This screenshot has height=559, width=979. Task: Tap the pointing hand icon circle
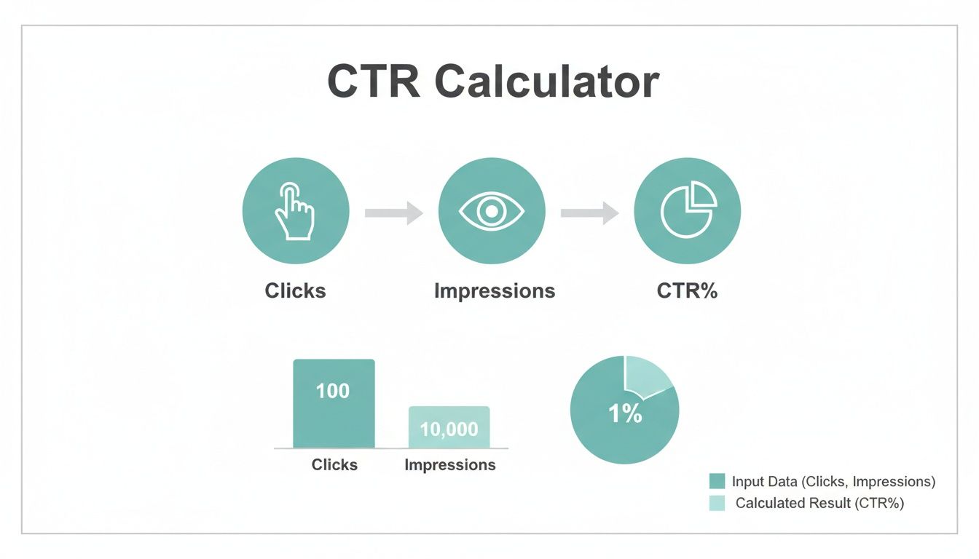pos(295,211)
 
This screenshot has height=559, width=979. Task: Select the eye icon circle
pos(492,211)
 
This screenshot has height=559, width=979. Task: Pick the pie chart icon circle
pos(688,211)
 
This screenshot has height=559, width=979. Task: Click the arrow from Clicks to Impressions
pos(393,213)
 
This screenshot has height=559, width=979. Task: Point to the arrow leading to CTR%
pos(589,213)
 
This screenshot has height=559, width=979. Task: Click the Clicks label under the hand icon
pos(295,291)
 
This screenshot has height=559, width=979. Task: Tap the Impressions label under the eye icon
pos(494,291)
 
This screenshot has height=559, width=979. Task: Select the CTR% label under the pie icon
pos(687,291)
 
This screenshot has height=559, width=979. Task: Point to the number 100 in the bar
pos(333,391)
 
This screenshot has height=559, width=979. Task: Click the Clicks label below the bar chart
pos(334,464)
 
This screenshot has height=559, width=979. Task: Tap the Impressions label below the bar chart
pos(449,464)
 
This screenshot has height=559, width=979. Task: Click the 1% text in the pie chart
pos(624,414)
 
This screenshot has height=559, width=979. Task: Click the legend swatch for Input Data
pos(717,481)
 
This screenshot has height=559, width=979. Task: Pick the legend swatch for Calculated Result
pos(717,503)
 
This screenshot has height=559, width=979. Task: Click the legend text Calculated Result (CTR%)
pos(819,503)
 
